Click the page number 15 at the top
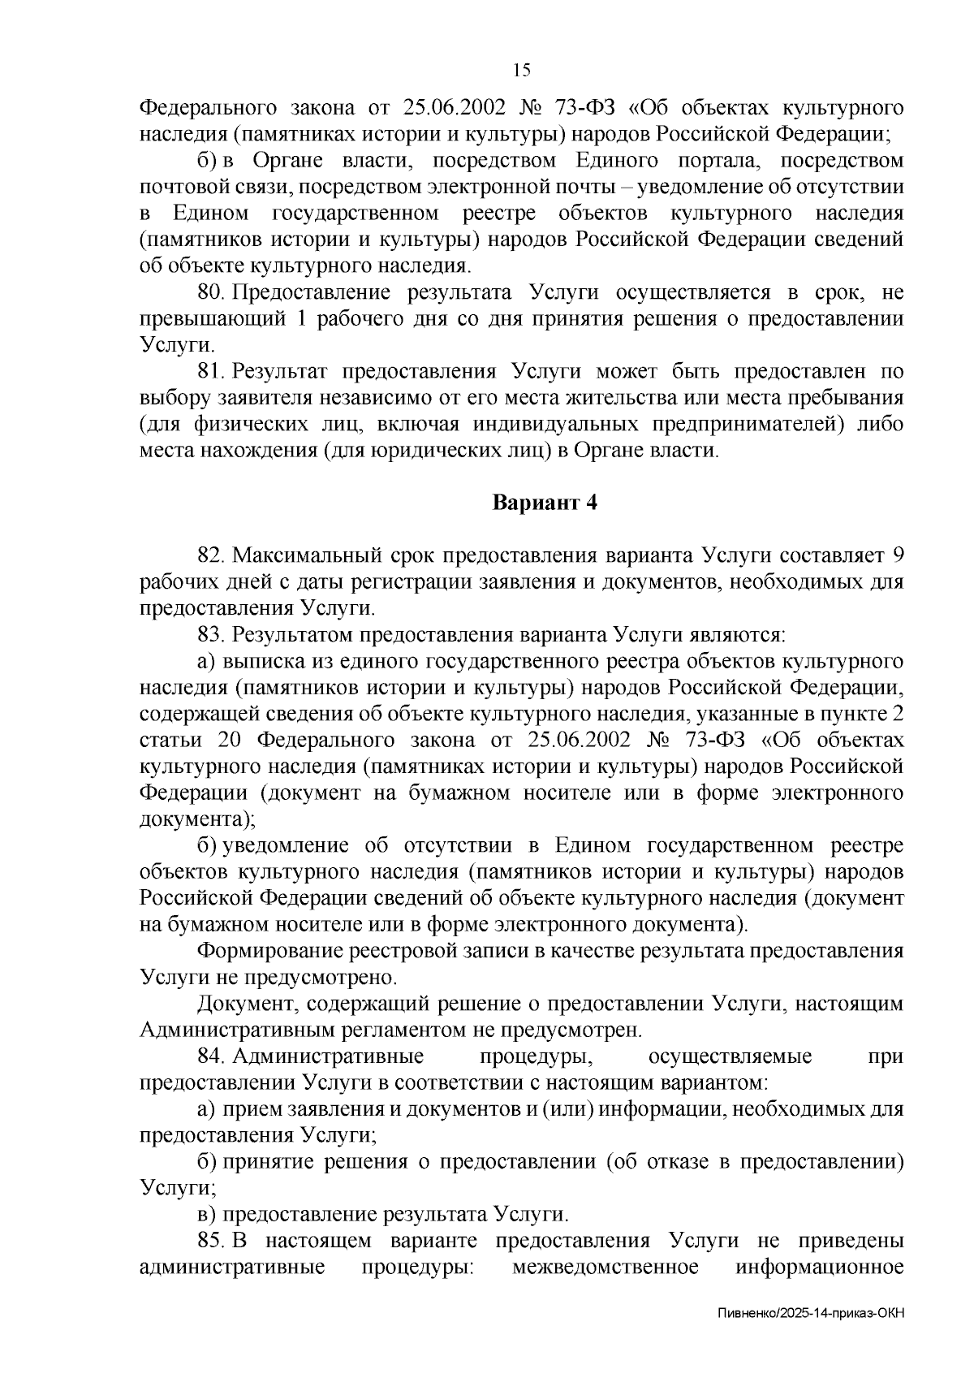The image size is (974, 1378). click(522, 71)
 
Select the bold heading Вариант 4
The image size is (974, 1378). click(545, 503)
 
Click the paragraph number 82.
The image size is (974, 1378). click(212, 555)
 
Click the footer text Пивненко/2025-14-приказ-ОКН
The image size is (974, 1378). click(811, 1336)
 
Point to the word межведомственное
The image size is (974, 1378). click(605, 1268)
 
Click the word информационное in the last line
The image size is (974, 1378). click(820, 1268)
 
